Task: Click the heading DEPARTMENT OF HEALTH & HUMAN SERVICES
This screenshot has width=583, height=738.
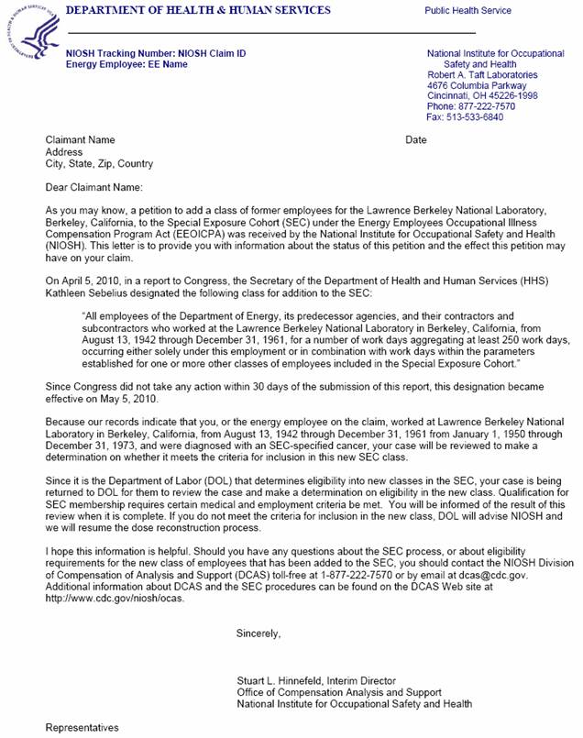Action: point(199,10)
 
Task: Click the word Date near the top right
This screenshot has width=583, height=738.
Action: point(416,140)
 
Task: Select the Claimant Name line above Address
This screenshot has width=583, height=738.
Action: point(81,140)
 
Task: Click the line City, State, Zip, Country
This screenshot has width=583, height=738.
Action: point(100,164)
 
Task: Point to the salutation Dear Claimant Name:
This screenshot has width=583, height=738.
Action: point(94,187)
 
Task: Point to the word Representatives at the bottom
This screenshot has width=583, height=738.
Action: point(82,727)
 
